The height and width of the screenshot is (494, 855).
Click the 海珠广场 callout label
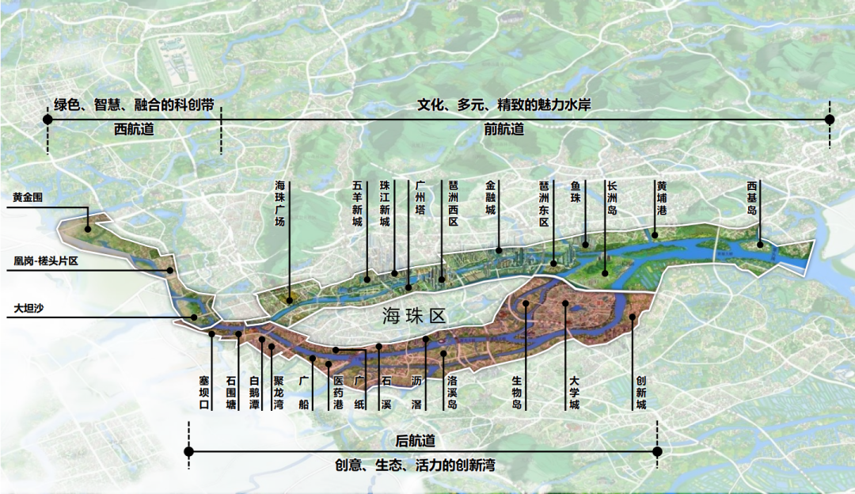(x=279, y=204)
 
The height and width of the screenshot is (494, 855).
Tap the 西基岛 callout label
(x=752, y=199)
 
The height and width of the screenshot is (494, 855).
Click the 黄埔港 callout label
(x=661, y=199)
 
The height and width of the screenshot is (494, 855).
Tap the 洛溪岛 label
(x=452, y=393)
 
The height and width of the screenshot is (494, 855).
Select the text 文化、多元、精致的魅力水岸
(x=504, y=104)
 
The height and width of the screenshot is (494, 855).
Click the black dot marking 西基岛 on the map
(x=759, y=245)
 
